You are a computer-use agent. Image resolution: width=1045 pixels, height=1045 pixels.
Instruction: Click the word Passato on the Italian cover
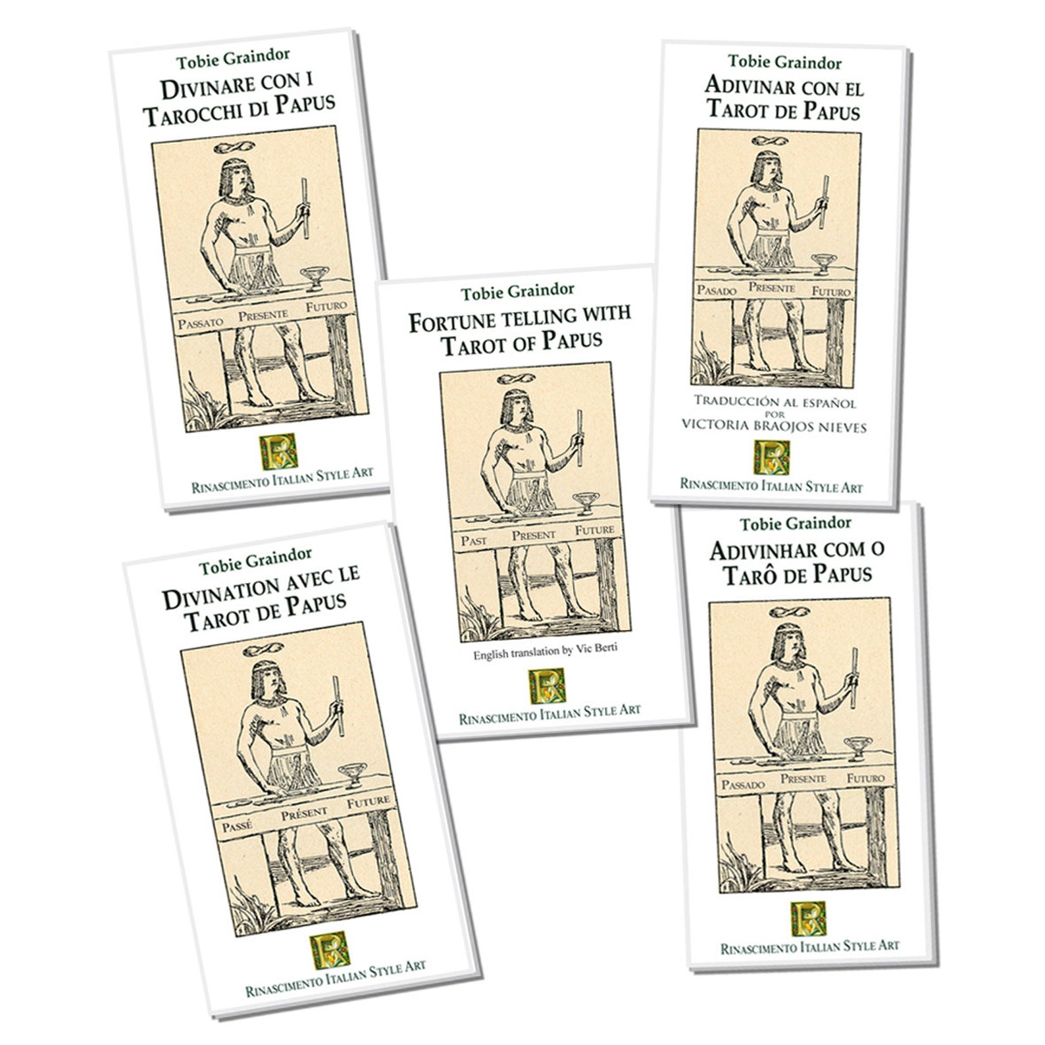(201, 322)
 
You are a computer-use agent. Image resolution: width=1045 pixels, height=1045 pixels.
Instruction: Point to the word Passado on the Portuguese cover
(743, 784)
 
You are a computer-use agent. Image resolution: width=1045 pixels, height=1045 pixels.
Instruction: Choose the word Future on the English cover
(594, 530)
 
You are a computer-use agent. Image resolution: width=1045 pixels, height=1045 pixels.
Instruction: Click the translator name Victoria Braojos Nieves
(774, 426)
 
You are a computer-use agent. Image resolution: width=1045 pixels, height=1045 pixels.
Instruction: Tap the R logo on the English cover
(547, 685)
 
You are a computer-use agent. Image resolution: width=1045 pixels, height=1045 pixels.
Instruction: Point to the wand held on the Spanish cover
(824, 201)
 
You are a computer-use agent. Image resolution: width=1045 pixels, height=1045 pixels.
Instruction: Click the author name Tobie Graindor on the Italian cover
(233, 59)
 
